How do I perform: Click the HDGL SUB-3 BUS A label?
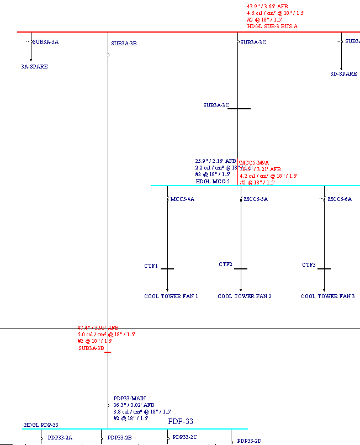pyautogui.click(x=272, y=26)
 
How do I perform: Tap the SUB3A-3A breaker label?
pyautogui.click(x=45, y=41)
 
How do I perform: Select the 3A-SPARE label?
pyautogui.click(x=34, y=66)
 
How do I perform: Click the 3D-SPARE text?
pyautogui.click(x=343, y=73)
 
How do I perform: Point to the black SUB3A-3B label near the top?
pyautogui.click(x=124, y=43)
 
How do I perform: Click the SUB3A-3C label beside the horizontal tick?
pyautogui.click(x=216, y=105)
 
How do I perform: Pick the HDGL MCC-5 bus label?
pyautogui.click(x=213, y=181)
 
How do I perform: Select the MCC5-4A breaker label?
pyautogui.click(x=182, y=199)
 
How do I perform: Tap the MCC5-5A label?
pyautogui.click(x=256, y=199)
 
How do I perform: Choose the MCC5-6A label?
pyautogui.click(x=340, y=199)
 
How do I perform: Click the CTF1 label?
pyautogui.click(x=151, y=266)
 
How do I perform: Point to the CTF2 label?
pyautogui.click(x=225, y=264)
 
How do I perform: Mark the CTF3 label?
pyautogui.click(x=309, y=265)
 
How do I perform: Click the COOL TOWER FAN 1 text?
pyautogui.click(x=171, y=296)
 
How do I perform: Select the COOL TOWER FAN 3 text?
pyautogui.click(x=327, y=296)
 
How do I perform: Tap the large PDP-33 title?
pyautogui.click(x=181, y=422)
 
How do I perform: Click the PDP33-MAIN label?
pyautogui.click(x=130, y=398)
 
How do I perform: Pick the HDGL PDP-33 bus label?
pyautogui.click(x=41, y=425)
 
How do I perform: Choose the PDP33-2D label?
pyautogui.click(x=249, y=441)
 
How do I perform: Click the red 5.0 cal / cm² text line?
pyautogui.click(x=106, y=334)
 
